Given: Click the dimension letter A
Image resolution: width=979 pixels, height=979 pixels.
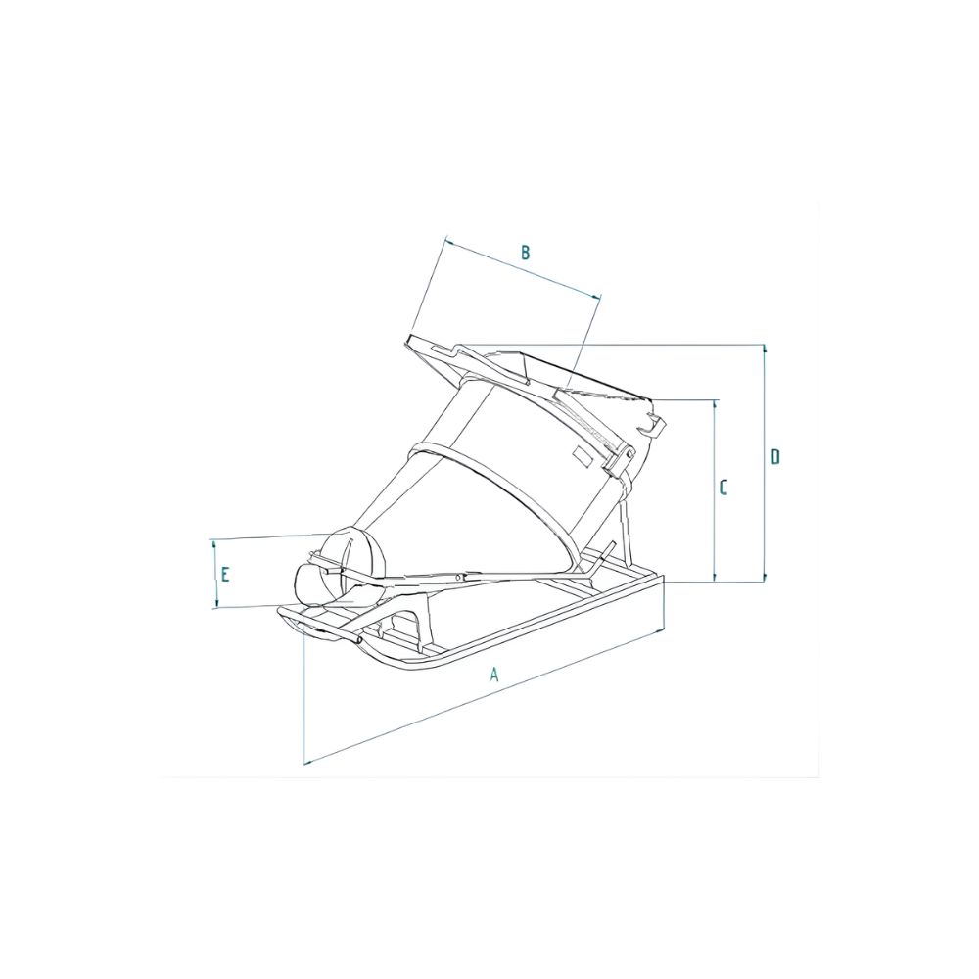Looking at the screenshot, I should tap(494, 674).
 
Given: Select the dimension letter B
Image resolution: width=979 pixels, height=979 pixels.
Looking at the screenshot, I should tap(525, 253).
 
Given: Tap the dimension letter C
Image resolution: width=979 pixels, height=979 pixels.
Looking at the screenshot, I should tap(723, 487).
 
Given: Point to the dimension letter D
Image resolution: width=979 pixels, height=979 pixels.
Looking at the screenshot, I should tap(774, 456).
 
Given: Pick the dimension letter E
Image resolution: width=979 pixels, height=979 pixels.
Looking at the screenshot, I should tap(224, 574).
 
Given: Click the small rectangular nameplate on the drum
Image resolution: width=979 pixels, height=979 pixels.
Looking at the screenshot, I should tap(582, 454).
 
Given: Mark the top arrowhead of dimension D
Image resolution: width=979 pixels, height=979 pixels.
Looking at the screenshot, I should tap(764, 348).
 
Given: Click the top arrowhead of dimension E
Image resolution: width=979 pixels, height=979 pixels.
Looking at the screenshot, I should tap(214, 542).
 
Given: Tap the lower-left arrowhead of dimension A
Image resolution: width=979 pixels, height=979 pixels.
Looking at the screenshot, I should tap(307, 761).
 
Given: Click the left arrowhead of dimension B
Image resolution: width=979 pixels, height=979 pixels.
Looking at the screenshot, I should tap(446, 239).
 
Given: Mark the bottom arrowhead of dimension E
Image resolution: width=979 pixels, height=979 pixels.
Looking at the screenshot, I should tap(214, 605).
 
